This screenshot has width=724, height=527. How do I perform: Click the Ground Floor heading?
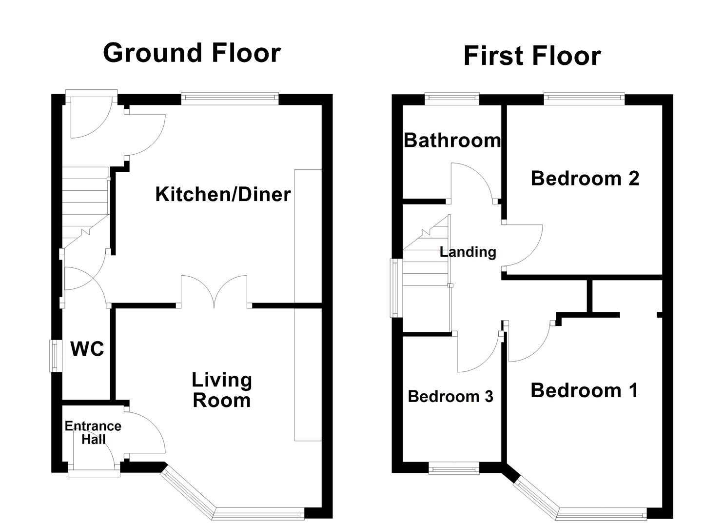pyautogui.click(x=192, y=53)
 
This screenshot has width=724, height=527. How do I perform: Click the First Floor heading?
pyautogui.click(x=531, y=56)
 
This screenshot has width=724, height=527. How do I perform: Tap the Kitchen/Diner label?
pyautogui.click(x=223, y=194)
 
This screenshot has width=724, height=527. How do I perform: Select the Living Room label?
pyautogui.click(x=222, y=390)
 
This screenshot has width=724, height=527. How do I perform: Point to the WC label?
pyautogui.click(x=87, y=349)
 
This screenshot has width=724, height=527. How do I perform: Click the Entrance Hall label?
pyautogui.click(x=93, y=432)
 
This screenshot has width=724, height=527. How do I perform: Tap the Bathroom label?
pyautogui.click(x=452, y=141)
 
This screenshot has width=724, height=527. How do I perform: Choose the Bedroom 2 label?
pyautogui.click(x=585, y=178)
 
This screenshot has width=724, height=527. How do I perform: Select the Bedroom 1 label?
pyautogui.click(x=584, y=390)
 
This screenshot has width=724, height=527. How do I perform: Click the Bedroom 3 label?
pyautogui.click(x=450, y=396)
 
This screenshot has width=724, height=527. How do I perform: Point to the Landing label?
pyautogui.click(x=468, y=252)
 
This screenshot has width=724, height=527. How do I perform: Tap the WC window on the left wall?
pyautogui.click(x=55, y=356)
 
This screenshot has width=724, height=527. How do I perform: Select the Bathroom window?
pyautogui.click(x=451, y=99)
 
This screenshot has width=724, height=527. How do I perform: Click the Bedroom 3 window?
pyautogui.click(x=454, y=469)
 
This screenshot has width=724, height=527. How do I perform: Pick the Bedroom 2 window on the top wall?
pyautogui.click(x=584, y=99)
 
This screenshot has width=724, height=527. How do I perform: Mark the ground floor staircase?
pyautogui.click(x=85, y=205)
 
